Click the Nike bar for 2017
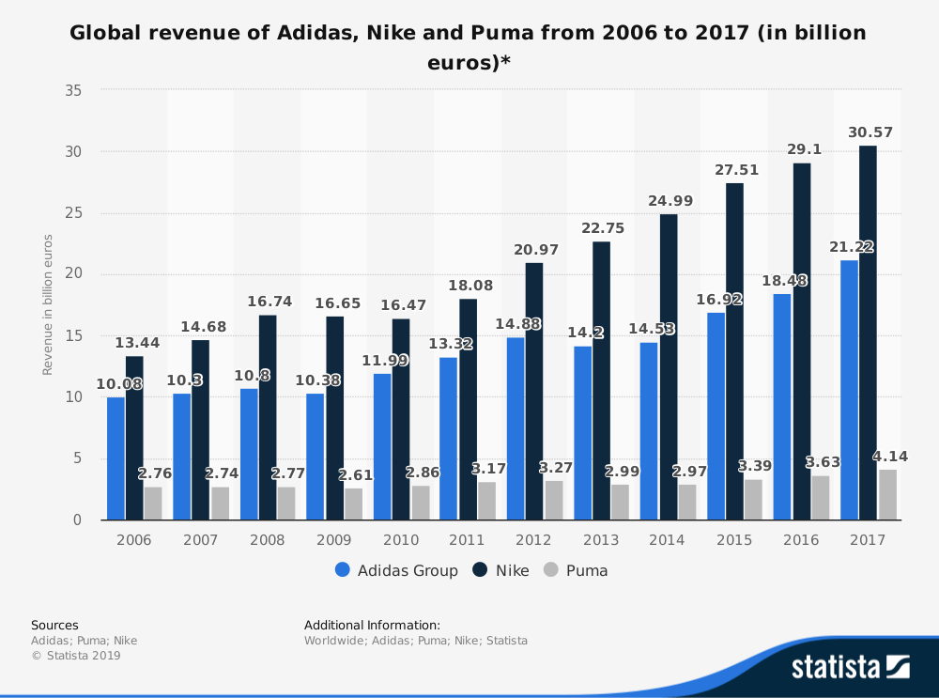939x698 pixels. coord(868,333)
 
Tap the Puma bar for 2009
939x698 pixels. coord(353,504)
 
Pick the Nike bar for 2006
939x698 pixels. coord(134,438)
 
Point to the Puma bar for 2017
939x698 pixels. coord(887,494)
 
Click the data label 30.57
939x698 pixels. coord(870,132)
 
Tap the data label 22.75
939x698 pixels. coord(602,228)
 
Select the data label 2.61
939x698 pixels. coord(355,475)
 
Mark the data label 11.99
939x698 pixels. coord(382,361)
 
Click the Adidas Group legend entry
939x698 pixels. coord(396,570)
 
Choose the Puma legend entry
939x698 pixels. coord(576,570)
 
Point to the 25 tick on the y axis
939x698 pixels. coord(72,213)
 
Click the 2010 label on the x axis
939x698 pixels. coord(401,540)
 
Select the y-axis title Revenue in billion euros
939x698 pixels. coord(47,305)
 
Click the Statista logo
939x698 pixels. coord(850,667)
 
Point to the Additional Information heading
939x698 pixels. coord(372,625)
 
